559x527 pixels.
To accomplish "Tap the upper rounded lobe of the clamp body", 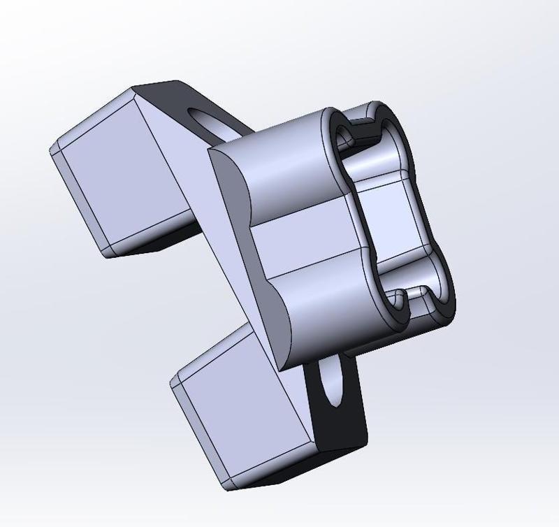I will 286,168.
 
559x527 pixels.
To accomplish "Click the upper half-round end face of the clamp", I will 231,182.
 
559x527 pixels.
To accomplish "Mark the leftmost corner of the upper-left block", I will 50,151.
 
